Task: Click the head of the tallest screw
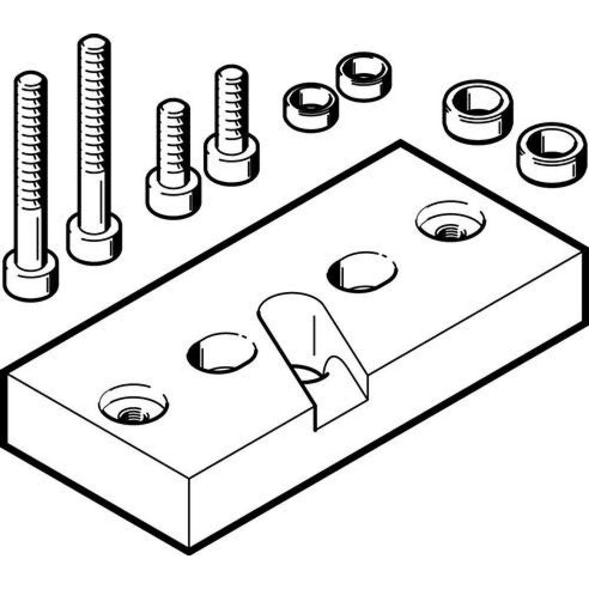coord(94,239)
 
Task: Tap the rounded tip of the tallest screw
coord(94,44)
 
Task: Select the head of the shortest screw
coord(173,194)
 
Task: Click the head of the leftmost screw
coord(31,276)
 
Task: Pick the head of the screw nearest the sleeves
coord(231,159)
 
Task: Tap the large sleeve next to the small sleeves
coord(477,110)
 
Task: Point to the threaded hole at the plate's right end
coord(450,224)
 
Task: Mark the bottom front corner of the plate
coord(188,552)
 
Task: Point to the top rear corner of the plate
coord(400,143)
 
